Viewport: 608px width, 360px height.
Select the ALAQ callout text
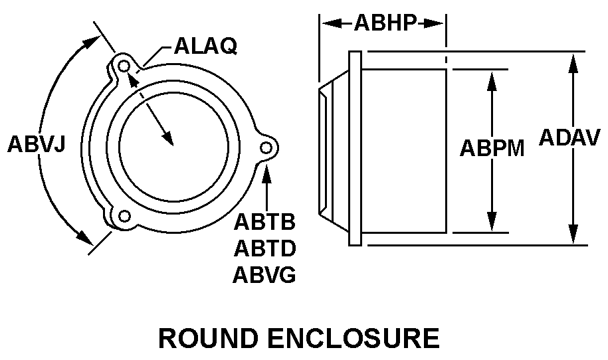coord(205,46)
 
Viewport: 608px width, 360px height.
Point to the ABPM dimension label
coord(492,148)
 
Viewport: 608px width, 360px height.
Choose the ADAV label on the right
coord(572,137)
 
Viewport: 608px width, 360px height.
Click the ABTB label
coord(264,222)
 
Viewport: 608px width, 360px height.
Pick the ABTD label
coord(264,248)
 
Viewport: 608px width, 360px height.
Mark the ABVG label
coord(264,274)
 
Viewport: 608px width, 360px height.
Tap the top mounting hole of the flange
coord(123,66)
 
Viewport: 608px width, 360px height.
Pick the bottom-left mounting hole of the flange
coord(123,217)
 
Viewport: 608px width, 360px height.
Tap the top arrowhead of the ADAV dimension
coord(572,60)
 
